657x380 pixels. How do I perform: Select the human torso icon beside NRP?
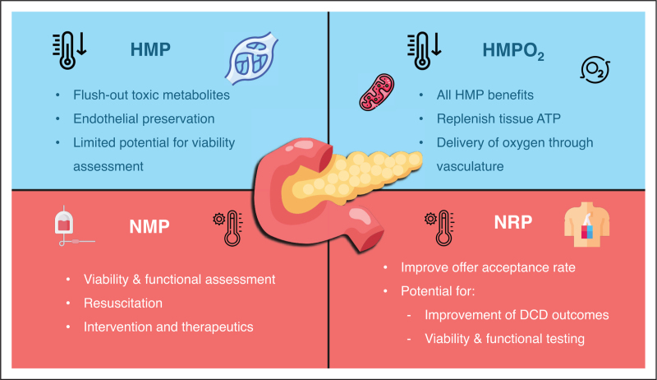pos(586,224)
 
